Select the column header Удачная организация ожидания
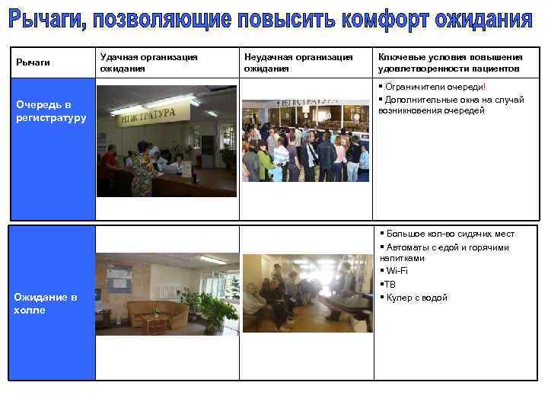148,62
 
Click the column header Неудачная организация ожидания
298,62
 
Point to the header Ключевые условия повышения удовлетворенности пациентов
450,62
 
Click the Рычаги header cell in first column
33,62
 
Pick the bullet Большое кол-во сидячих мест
450,234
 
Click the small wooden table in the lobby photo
156,323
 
